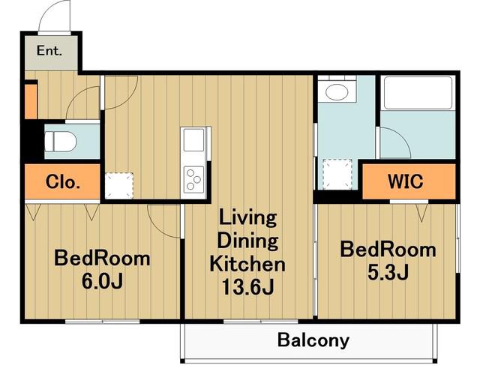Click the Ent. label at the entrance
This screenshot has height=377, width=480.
49,50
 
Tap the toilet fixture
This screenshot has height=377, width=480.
60,142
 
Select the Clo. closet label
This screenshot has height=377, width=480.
63,182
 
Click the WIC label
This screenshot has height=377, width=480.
406,181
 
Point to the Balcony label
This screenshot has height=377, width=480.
313,340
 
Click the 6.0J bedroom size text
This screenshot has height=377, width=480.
102,281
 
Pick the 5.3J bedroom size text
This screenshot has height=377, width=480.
388,272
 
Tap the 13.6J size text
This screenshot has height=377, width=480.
248,287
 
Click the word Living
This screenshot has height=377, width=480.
248,219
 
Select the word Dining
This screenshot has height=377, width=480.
248,241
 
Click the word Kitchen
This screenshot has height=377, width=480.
247,264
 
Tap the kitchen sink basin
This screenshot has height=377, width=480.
193,140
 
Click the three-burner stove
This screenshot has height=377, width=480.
193,179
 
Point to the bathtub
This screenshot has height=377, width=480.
418,93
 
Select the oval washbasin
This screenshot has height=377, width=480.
337,91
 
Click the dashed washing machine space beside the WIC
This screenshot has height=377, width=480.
337,174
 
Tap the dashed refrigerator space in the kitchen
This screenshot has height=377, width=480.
119,186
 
